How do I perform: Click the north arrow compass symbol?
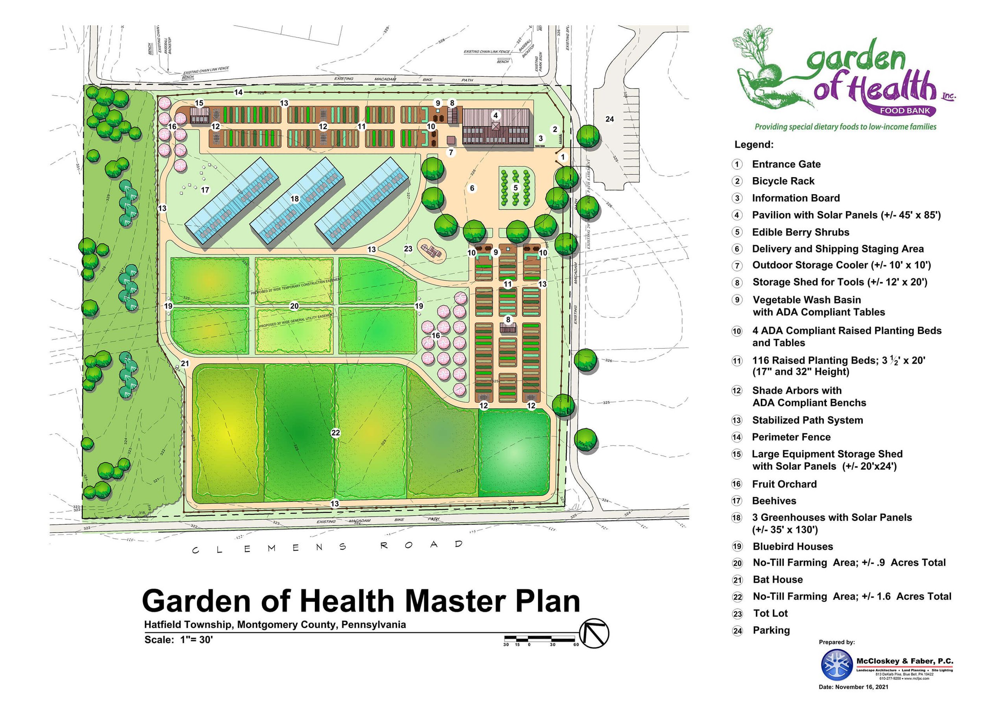(594, 633)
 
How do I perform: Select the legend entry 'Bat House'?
(777, 580)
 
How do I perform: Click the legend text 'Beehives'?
(774, 501)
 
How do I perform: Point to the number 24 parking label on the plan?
(610, 119)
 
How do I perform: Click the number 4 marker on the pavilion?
(496, 115)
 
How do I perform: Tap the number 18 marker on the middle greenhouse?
(295, 199)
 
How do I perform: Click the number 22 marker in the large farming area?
(335, 433)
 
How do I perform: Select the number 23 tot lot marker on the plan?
(408, 249)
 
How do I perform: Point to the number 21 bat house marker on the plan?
(185, 364)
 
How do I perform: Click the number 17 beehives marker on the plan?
(205, 190)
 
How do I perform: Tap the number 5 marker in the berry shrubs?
(516, 188)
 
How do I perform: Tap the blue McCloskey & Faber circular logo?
(837, 665)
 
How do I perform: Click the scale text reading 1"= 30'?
(196, 639)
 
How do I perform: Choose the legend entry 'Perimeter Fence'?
(791, 437)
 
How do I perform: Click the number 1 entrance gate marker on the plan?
(563, 157)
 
